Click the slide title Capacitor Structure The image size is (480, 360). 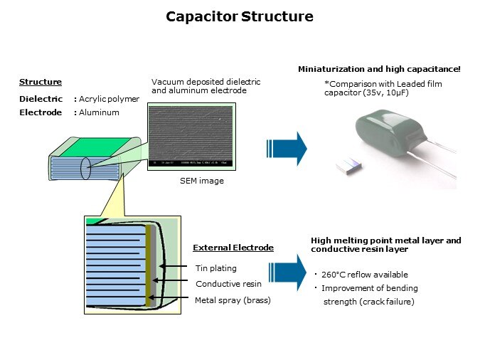240,16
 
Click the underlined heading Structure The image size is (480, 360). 41,83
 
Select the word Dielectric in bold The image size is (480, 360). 41,99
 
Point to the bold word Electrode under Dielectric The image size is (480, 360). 41,112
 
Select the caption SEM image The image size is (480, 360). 201,181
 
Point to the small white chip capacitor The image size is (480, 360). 349,166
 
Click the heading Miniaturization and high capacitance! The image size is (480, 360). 378,69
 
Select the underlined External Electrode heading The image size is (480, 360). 233,248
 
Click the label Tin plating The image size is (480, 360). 215,268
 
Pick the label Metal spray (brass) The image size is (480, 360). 233,300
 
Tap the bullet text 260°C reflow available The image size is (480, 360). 364,275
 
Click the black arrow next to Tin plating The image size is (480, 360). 175,268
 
